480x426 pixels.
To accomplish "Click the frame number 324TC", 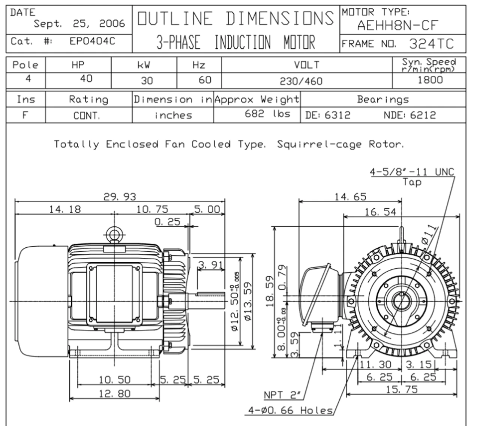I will coord(431,44).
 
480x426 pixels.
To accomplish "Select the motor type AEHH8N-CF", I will coord(397,25).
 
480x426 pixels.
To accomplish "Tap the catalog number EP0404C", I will coord(93,41).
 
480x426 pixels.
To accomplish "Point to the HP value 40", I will coord(86,79).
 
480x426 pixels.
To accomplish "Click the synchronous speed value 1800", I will coord(430,80).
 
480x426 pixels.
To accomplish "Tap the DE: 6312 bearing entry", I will coord(328,115).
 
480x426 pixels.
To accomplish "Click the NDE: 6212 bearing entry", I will coord(409,115).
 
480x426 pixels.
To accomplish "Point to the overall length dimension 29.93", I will coord(120,197).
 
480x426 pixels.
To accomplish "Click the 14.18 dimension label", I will coord(65,209).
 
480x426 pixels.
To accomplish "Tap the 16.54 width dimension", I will coord(380,212).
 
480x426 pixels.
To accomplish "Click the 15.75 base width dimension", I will coord(402,390).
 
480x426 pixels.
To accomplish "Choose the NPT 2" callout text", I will coord(283,395).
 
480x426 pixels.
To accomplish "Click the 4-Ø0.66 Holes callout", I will coord(290,410).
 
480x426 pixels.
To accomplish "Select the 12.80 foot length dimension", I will coord(115,393).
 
